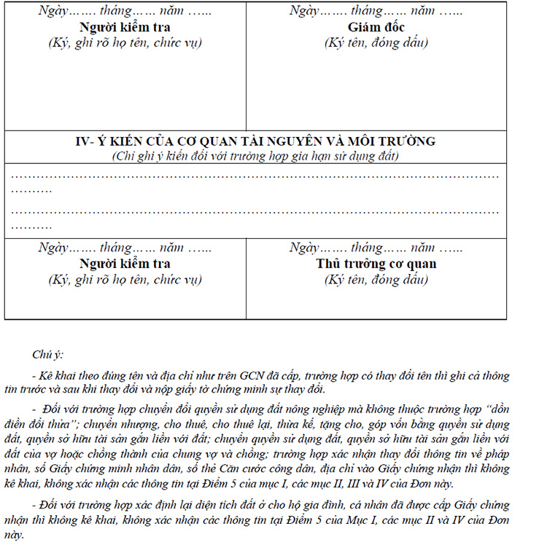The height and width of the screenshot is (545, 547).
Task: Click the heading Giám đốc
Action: click(x=376, y=27)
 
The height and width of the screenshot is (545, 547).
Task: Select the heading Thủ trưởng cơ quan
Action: click(x=376, y=263)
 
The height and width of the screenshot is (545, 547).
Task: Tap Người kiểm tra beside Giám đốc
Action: click(x=125, y=27)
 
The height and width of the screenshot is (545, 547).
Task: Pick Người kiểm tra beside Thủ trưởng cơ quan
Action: click(x=125, y=263)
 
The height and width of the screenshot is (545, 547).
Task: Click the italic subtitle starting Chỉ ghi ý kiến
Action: click(x=255, y=155)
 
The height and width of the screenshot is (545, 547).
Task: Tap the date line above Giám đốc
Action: click(x=376, y=12)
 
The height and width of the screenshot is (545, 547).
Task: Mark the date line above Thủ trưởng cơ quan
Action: click(x=376, y=248)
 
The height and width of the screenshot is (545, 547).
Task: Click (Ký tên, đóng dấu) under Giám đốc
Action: click(x=376, y=42)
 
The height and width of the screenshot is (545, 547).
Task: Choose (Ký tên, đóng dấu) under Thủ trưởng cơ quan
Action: click(x=376, y=279)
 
